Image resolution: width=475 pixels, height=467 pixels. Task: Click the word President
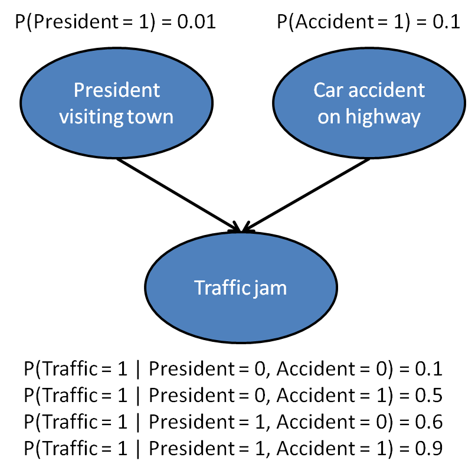117,90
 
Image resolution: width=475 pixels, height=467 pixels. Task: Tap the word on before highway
329,117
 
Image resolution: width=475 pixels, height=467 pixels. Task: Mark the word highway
383,117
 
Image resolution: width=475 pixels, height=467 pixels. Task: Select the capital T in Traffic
199,288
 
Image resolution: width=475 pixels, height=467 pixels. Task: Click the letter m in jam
279,289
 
